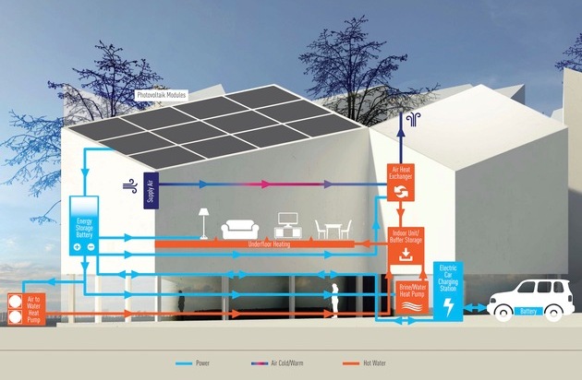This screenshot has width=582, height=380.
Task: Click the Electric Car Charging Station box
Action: click(x=449, y=291)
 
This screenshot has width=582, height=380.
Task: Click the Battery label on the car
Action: click(x=528, y=312)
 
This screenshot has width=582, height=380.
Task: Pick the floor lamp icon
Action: click(x=203, y=222)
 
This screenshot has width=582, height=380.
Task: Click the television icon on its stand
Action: click(x=286, y=227)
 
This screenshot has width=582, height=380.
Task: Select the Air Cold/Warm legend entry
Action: click(x=293, y=362)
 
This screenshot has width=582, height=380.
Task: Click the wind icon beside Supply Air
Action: click(x=128, y=187)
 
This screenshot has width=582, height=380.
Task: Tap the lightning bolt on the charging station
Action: click(x=449, y=307)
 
